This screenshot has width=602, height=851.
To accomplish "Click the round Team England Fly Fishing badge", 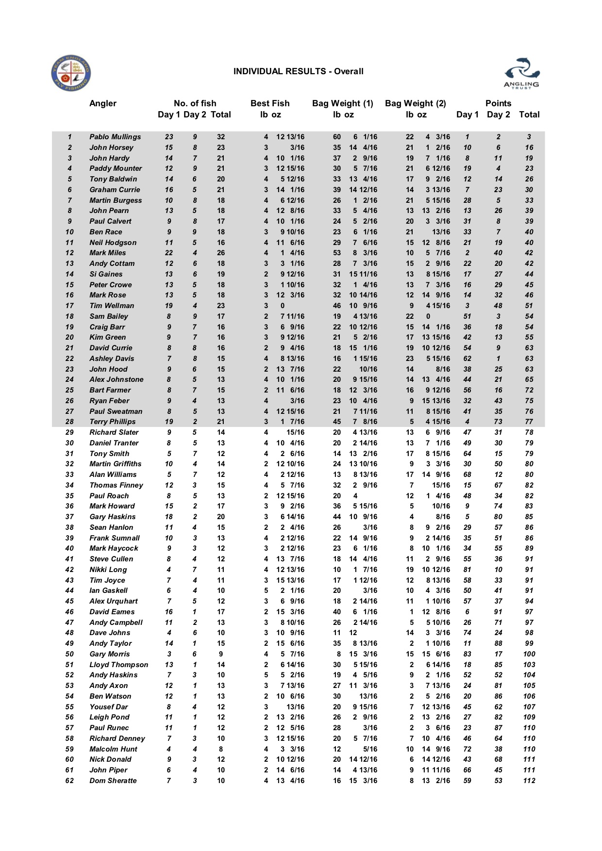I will pyautogui.click(x=71, y=73).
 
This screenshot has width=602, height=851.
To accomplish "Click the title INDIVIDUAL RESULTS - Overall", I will pyautogui.click(x=298, y=71).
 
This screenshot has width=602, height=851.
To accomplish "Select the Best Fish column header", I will pyautogui.click(x=270, y=103).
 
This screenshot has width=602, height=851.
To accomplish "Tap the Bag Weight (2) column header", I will pyautogui.click(x=415, y=103).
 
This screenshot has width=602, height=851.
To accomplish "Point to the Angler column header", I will pyautogui.click(x=103, y=103).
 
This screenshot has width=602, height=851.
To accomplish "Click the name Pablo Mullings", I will pyautogui.click(x=115, y=137).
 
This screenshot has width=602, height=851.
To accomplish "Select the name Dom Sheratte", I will pyautogui.click(x=113, y=781).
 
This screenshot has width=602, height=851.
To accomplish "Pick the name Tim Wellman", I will pyautogui.click(x=112, y=306).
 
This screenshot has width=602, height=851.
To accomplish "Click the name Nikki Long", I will pyautogui.click(x=108, y=570).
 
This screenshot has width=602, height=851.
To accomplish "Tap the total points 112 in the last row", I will pyautogui.click(x=529, y=781).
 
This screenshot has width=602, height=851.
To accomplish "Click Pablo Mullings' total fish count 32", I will pyautogui.click(x=221, y=137).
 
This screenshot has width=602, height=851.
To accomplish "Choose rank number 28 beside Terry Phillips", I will pyautogui.click(x=69, y=422).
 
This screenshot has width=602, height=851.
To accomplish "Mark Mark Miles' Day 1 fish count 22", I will pyautogui.click(x=169, y=253).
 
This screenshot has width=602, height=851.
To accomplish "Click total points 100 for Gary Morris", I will pyautogui.click(x=529, y=654).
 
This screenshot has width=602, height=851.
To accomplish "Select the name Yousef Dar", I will pyautogui.click(x=109, y=707).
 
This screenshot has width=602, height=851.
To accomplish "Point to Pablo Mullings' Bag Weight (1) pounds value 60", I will pyautogui.click(x=337, y=137).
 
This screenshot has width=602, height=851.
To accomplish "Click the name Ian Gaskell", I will pyautogui.click(x=108, y=590).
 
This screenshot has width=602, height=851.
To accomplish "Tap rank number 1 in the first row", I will pyautogui.click(x=69, y=137).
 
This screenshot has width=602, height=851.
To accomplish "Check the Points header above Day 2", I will pyautogui.click(x=498, y=103).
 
